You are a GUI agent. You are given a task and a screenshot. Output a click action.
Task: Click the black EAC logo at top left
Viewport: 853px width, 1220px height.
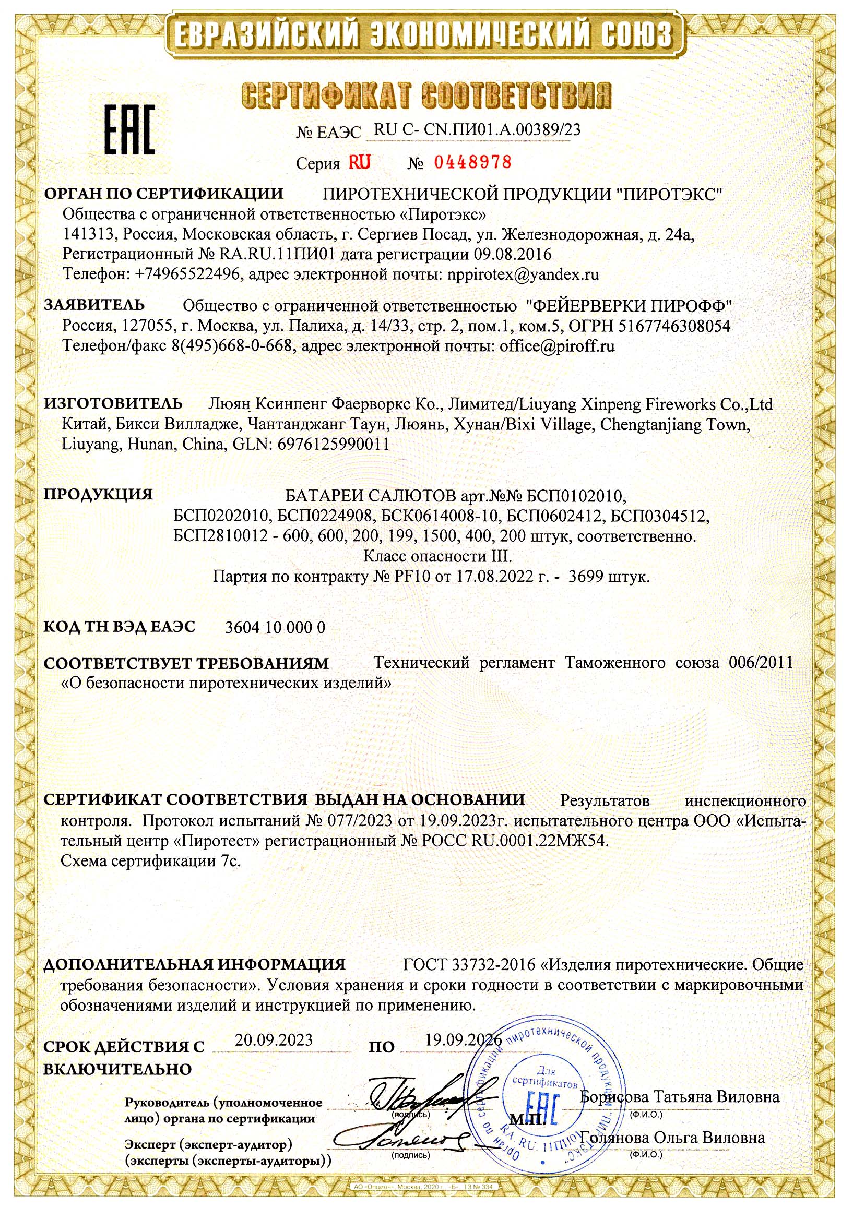[x=129, y=130]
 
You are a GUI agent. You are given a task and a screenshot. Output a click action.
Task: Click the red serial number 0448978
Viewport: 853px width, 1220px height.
[x=472, y=162]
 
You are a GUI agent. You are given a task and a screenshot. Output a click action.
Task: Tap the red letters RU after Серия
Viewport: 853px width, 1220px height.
[x=359, y=162]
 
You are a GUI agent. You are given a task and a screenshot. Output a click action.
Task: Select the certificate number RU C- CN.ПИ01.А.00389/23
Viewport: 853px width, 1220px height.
[x=477, y=129]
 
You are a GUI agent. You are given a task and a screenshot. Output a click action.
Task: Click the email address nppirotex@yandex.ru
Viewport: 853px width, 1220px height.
[x=524, y=274]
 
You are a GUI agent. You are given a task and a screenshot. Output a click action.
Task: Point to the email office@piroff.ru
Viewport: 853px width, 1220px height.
[x=557, y=346]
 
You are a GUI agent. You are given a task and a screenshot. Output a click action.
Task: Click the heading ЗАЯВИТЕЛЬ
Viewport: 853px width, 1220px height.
[x=93, y=305]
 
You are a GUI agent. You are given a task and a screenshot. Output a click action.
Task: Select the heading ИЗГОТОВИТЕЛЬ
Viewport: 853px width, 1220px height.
[x=113, y=403]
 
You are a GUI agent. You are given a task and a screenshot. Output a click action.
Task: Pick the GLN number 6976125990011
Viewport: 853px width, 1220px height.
[x=333, y=444]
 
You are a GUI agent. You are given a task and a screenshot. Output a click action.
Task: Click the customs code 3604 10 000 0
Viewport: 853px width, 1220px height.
[x=275, y=628]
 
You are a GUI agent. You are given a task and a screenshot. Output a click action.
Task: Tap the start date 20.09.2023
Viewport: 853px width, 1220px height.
[x=274, y=1039]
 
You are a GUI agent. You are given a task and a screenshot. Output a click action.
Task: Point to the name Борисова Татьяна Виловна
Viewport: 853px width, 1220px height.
[x=680, y=1097]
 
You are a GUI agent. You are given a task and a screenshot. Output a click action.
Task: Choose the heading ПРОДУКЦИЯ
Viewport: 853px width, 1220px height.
[x=98, y=494]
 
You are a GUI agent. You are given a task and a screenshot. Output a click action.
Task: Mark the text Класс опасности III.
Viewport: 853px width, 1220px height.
[x=437, y=556]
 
